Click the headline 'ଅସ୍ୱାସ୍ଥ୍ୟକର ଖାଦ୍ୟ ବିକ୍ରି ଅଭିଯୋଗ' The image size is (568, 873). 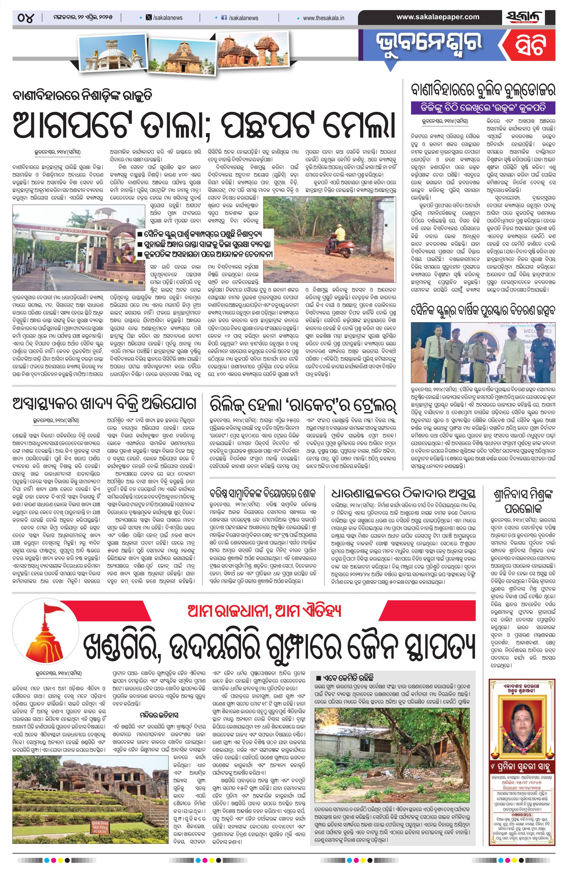point(104,404)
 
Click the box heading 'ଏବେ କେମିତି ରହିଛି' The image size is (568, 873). point(345,677)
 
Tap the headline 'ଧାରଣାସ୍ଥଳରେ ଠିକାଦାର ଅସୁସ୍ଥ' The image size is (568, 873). point(403,493)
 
